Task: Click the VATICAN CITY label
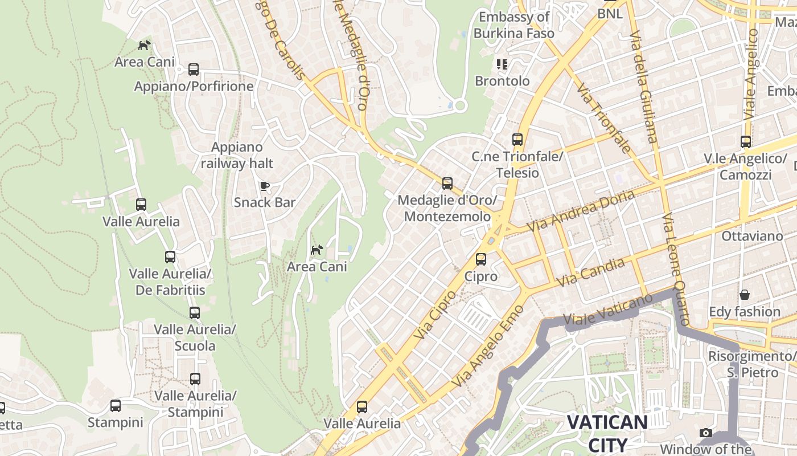tap(607, 433)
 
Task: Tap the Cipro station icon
tap(481, 259)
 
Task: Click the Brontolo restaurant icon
tap(502, 64)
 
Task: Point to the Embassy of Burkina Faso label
tap(513, 25)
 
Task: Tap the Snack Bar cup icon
tap(264, 186)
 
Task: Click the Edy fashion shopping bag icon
tap(744, 295)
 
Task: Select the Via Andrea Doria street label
tap(580, 211)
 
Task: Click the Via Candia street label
tap(590, 272)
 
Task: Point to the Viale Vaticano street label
tap(607, 311)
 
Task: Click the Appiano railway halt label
tap(237, 155)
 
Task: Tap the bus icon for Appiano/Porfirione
tap(194, 70)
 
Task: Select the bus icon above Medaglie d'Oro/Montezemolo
tap(447, 184)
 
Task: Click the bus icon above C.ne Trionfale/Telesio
tap(517, 140)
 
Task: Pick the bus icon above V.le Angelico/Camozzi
tap(745, 142)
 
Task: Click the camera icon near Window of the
tap(706, 433)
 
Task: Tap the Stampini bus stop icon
tap(116, 406)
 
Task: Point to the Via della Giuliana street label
tap(644, 85)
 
